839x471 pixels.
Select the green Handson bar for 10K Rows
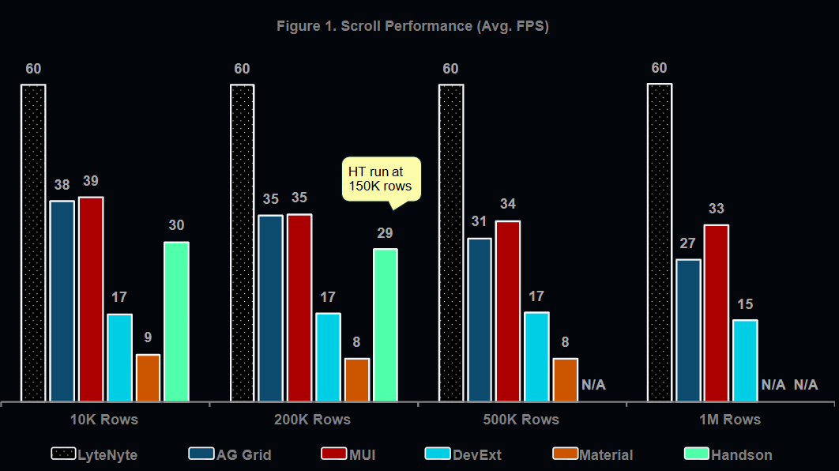177,321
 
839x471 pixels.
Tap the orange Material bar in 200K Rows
357,379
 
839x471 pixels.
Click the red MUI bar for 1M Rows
716,313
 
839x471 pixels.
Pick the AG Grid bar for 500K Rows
480,319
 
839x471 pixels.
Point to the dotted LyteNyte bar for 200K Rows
243,243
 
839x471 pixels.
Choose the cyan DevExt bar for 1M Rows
745,360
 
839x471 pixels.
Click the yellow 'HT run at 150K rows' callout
382,179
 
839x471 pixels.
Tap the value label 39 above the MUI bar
90,181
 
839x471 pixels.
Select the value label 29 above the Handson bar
385,233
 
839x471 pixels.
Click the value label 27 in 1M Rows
687,243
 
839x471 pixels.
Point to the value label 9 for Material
148,337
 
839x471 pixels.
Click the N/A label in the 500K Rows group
593,384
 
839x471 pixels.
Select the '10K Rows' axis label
104,420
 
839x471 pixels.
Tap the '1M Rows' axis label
730,420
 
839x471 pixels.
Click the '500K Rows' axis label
521,420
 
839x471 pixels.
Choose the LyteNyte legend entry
94,454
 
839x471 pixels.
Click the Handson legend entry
728,454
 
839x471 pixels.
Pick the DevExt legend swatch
438,454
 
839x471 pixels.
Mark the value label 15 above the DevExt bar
745,304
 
